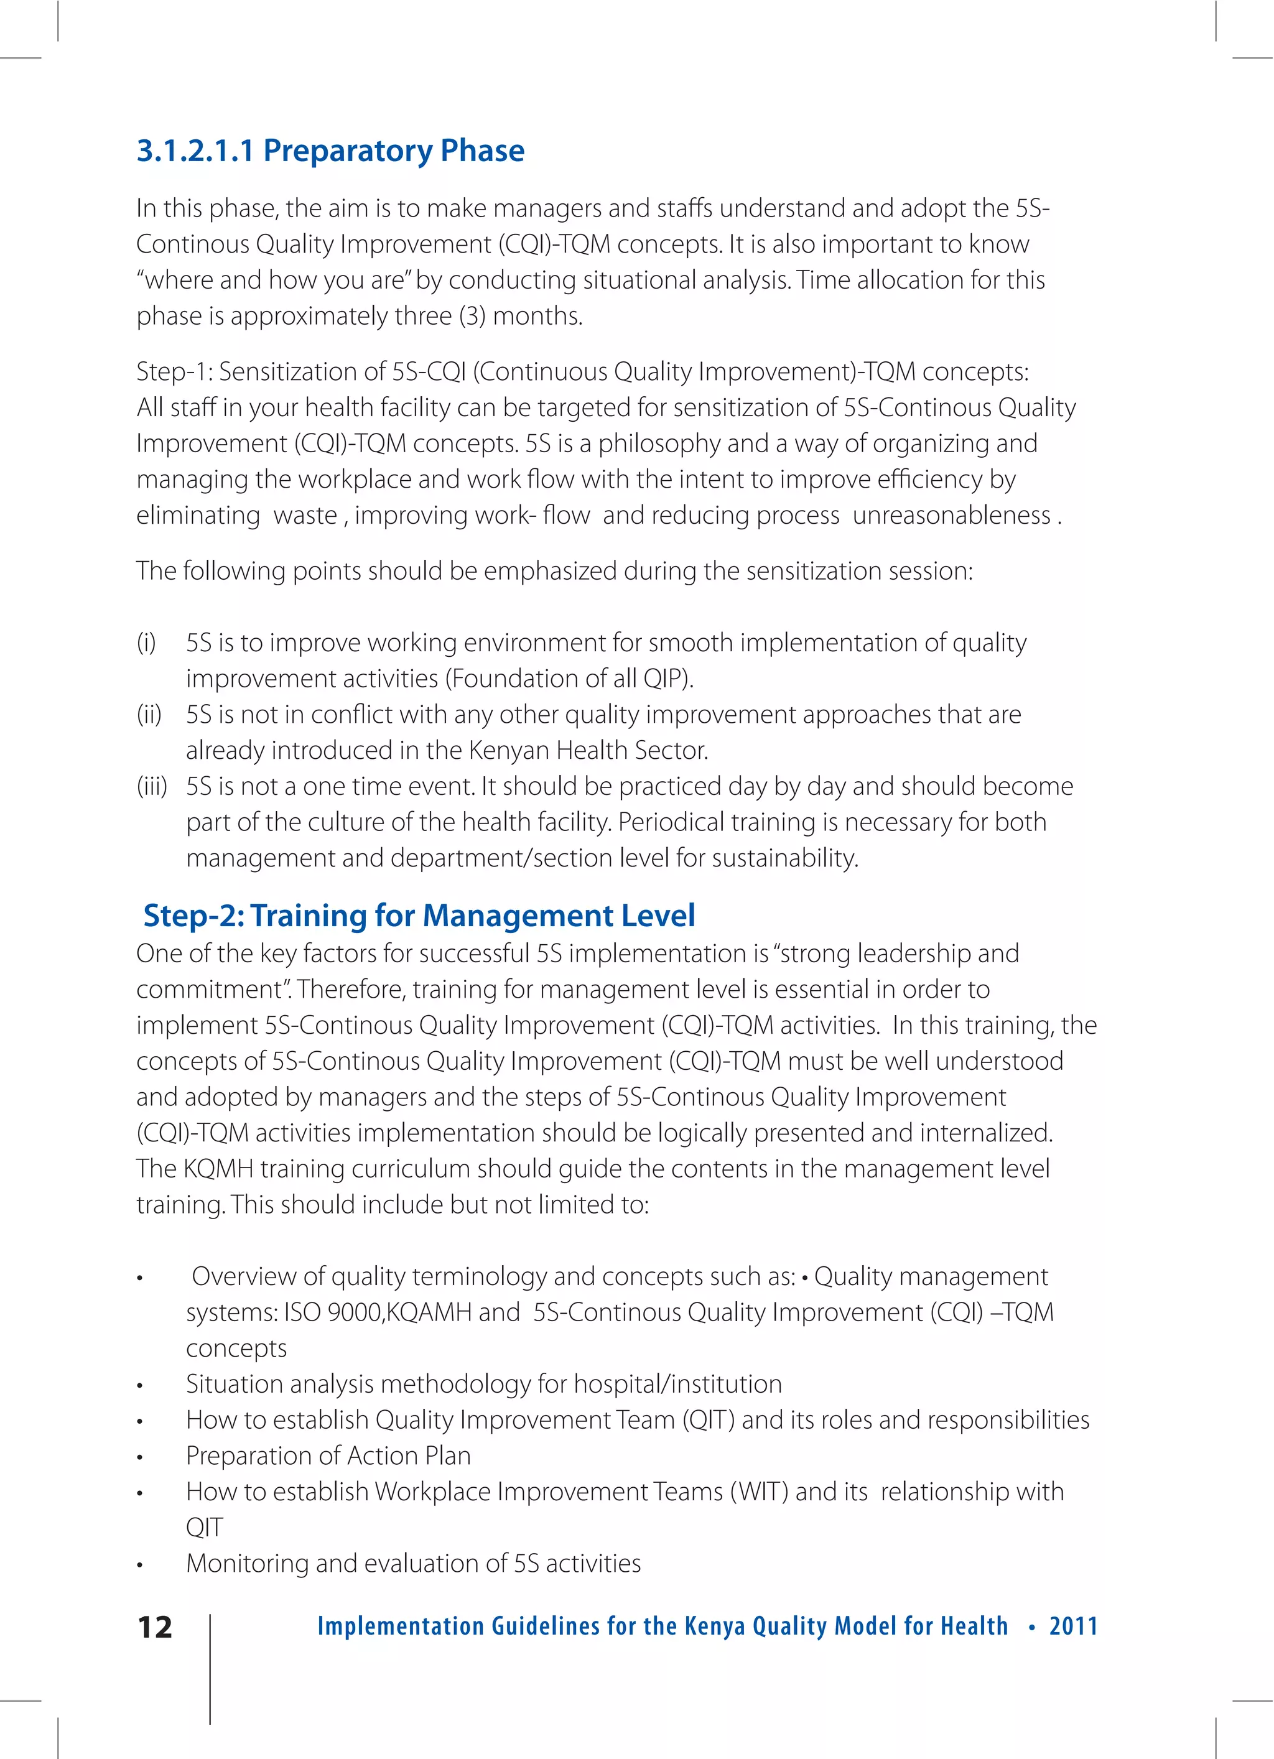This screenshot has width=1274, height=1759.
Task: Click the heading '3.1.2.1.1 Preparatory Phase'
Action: [330, 151]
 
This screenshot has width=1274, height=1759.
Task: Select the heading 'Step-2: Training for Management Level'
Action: [419, 915]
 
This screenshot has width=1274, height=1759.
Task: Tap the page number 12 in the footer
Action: [154, 1627]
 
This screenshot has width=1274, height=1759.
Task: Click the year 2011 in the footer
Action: [1073, 1627]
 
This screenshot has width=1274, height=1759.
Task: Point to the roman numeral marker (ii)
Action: [149, 714]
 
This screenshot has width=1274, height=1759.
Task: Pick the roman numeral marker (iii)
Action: [152, 786]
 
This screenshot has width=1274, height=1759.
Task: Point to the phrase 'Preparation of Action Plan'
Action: [328, 1455]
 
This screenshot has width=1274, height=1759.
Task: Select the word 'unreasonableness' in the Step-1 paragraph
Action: [951, 516]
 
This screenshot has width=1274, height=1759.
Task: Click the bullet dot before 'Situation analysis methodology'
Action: [141, 1386]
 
